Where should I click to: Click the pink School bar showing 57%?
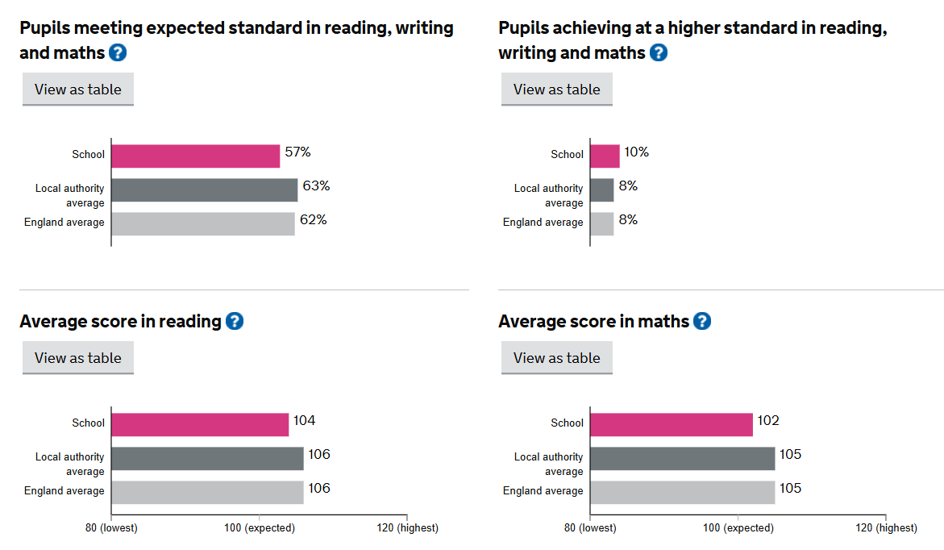coord(195,156)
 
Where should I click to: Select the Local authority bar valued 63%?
coord(204,190)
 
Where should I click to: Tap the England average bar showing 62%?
coord(202,223)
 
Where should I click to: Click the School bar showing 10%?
coord(605,156)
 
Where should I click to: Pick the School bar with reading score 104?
coord(200,424)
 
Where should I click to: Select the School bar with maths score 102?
coord(671,424)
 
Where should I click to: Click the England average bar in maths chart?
coord(682,492)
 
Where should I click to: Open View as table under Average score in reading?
coord(78,358)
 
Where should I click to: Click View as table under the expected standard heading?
coord(78,90)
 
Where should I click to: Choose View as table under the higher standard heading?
coord(557,90)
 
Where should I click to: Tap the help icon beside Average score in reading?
coord(234,321)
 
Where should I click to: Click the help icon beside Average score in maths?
coord(702,321)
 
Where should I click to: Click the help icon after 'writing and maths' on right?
coord(659,52)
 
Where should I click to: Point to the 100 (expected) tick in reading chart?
coord(259,527)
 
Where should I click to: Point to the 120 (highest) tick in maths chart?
coord(885,527)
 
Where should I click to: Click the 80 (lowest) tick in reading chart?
coord(111,527)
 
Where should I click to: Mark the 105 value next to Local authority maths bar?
coord(790,455)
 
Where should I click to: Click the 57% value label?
coord(297,152)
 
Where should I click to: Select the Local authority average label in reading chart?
coord(70,464)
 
